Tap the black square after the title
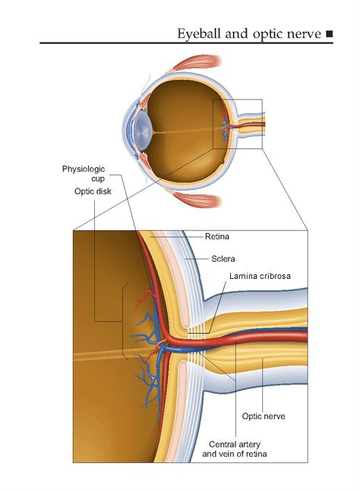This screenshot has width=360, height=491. click(330, 33)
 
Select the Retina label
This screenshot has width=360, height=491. click(216, 236)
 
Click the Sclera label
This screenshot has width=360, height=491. click(223, 258)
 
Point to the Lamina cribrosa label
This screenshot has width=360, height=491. click(260, 276)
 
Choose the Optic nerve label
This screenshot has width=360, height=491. click(264, 417)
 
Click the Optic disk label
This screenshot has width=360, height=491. click(93, 192)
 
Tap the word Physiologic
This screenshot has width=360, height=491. click(84, 169)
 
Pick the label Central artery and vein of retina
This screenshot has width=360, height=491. click(234, 449)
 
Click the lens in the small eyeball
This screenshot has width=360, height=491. click(144, 128)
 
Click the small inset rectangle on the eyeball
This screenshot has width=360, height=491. click(213, 124)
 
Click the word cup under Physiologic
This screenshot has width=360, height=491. click(98, 179)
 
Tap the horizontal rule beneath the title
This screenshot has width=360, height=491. click(186, 43)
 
